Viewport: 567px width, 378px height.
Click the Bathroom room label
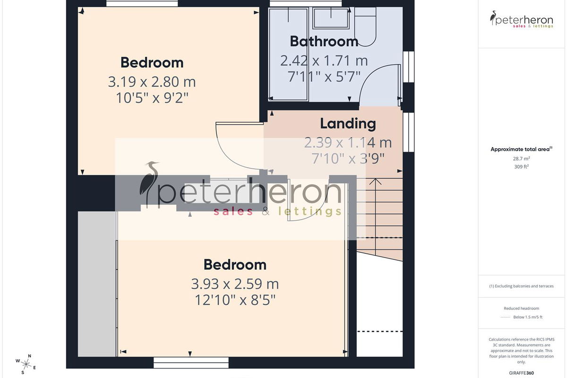pyautogui.click(x=324, y=41)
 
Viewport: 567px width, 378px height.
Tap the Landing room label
pyautogui.click(x=348, y=124)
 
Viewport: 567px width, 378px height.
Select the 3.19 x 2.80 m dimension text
pyautogui.click(x=152, y=82)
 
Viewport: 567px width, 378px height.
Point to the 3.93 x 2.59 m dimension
pyautogui.click(x=235, y=284)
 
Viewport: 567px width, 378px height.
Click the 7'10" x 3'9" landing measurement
pyautogui.click(x=348, y=158)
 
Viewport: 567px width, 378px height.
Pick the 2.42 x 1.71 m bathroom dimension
pyautogui.click(x=324, y=61)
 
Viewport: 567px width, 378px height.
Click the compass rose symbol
pyautogui.click(x=26, y=365)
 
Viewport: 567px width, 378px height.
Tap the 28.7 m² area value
pyautogui.click(x=522, y=159)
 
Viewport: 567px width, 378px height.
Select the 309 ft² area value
pyautogui.click(x=522, y=167)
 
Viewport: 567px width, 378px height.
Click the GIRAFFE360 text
pyautogui.click(x=522, y=373)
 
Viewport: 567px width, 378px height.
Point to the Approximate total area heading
pyautogui.click(x=522, y=149)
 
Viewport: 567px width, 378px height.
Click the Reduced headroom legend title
pyautogui.click(x=522, y=309)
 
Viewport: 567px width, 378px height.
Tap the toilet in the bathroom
pyautogui.click(x=365, y=26)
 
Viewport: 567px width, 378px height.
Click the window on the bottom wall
pyautogui.click(x=191, y=362)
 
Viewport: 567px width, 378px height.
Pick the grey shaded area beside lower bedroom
pyautogui.click(x=97, y=284)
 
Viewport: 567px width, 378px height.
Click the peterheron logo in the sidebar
pyautogui.click(x=522, y=19)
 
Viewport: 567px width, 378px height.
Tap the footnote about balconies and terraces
pyautogui.click(x=522, y=286)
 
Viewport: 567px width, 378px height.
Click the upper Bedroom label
pyautogui.click(x=152, y=62)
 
